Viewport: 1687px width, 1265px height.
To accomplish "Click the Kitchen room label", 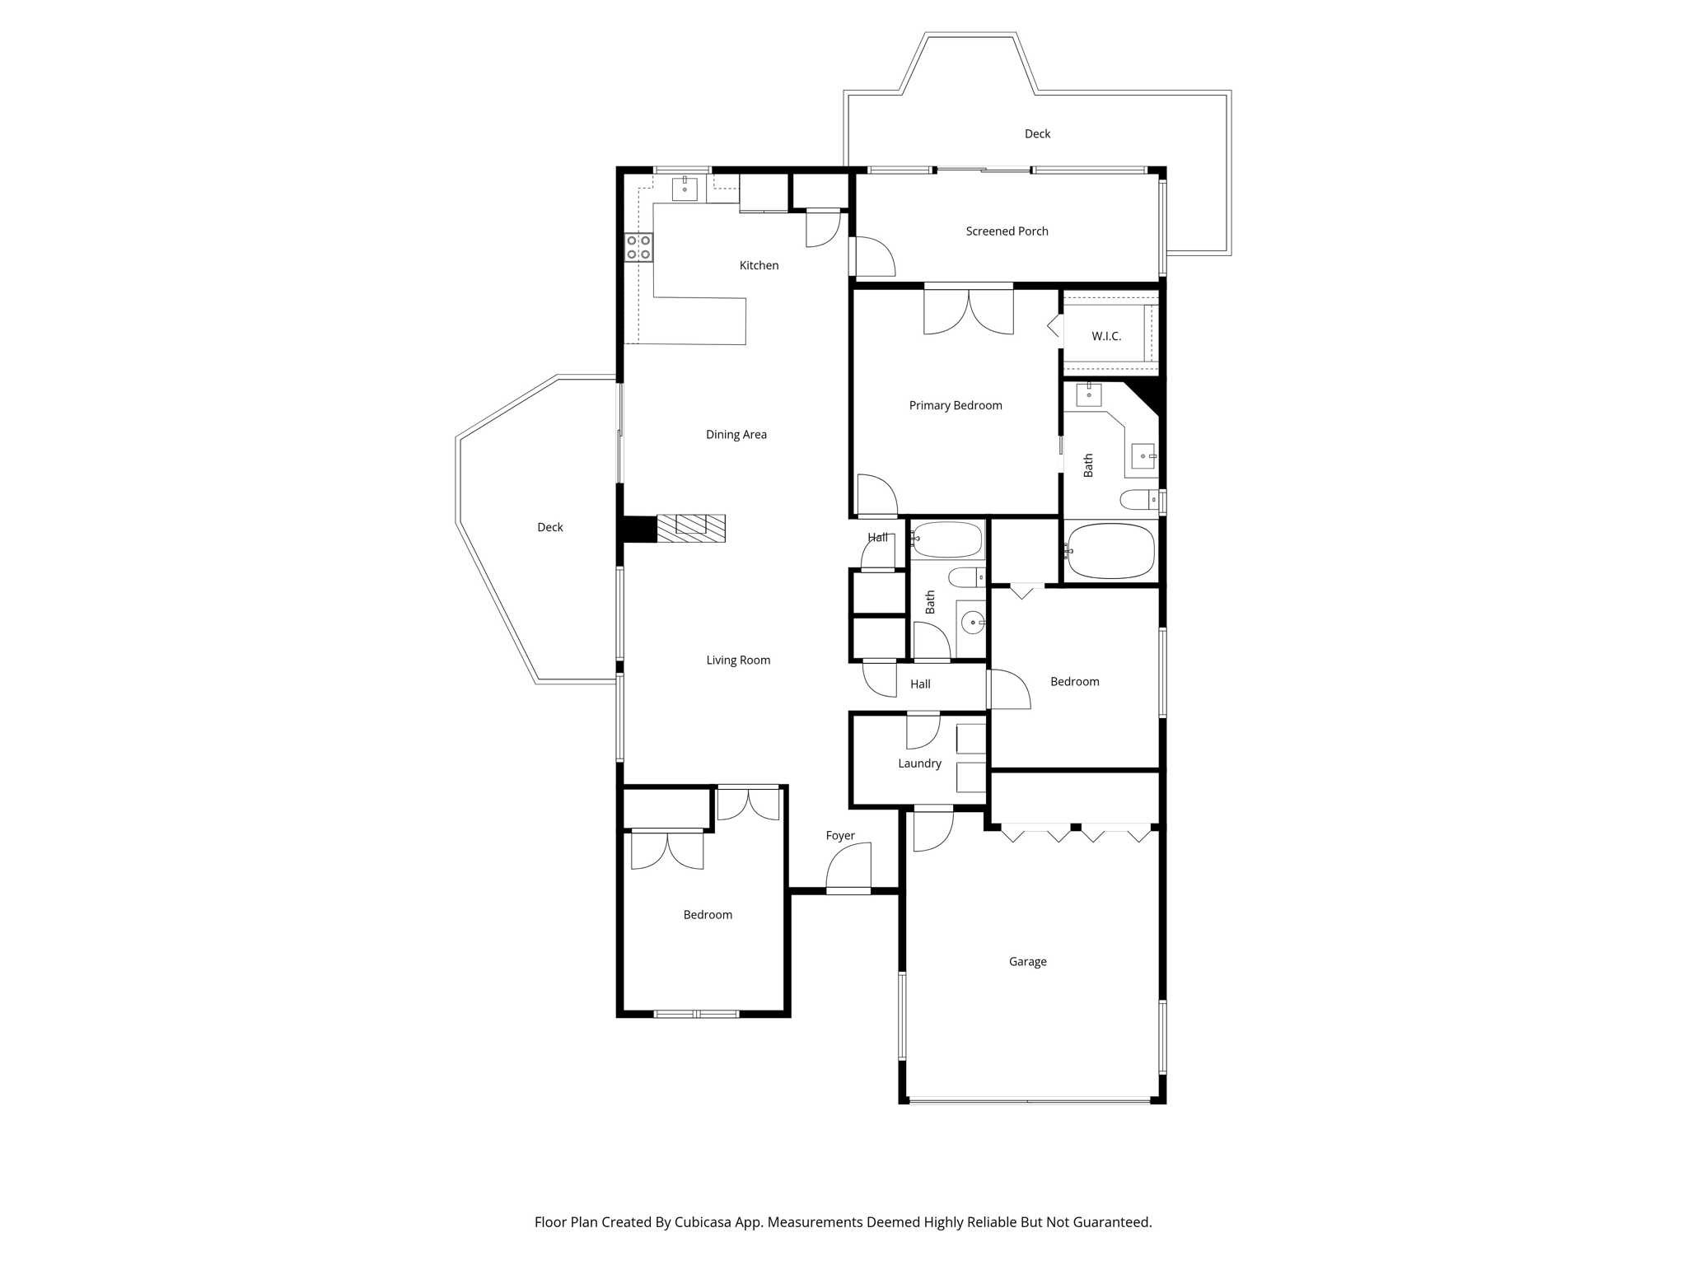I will pyautogui.click(x=759, y=265).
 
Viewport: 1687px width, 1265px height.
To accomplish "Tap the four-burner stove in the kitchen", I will pyautogui.click(x=638, y=247).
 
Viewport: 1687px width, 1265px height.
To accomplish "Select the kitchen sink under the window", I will pyautogui.click(x=685, y=189).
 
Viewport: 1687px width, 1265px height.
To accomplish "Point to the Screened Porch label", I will pyautogui.click(x=1007, y=231).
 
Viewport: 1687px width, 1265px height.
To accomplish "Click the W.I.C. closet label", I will pyautogui.click(x=1106, y=336).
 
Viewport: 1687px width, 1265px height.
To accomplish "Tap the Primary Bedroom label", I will pyautogui.click(x=956, y=405).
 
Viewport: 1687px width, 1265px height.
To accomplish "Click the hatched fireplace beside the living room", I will pyautogui.click(x=690, y=528).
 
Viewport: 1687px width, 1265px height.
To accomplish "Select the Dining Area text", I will pyautogui.click(x=736, y=435).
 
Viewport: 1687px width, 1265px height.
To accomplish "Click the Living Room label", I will pyautogui.click(x=738, y=660).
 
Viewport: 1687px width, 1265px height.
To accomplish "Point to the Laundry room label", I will pyautogui.click(x=919, y=763).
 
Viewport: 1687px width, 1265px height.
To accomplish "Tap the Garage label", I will pyautogui.click(x=1027, y=961).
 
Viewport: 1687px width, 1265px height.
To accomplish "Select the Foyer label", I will pyautogui.click(x=840, y=835).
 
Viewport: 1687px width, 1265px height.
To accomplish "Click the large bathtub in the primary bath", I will pyautogui.click(x=1110, y=551).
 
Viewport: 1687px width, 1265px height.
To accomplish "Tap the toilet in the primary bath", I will pyautogui.click(x=1139, y=499).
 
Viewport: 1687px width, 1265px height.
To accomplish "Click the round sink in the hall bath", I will pyautogui.click(x=973, y=623).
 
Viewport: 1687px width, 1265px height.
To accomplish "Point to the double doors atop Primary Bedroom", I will pyautogui.click(x=968, y=311).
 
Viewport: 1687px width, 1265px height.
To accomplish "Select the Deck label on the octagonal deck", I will pyautogui.click(x=549, y=527).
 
